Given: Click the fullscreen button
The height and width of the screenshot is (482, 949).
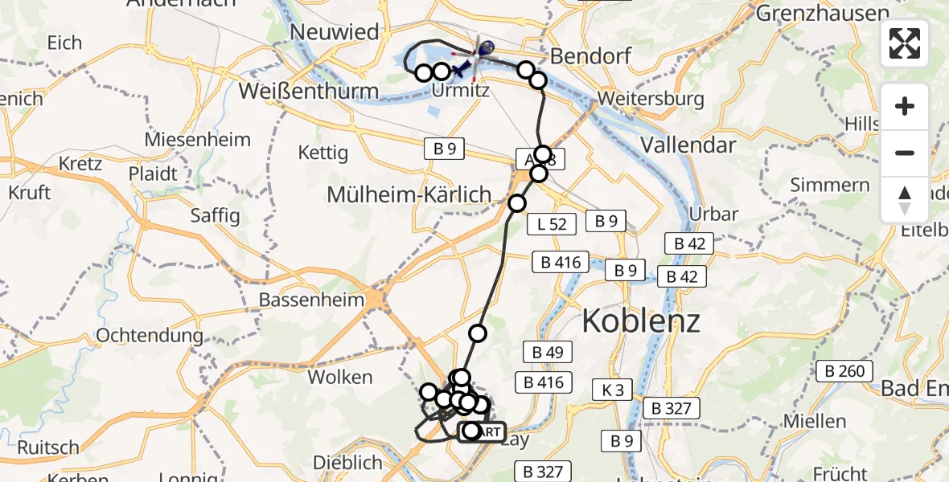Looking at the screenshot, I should click(905, 43).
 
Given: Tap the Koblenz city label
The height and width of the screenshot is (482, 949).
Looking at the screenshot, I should click(640, 321).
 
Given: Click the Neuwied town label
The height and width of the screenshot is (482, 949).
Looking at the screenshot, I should click(335, 32).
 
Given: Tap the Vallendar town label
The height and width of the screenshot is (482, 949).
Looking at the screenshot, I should click(688, 145).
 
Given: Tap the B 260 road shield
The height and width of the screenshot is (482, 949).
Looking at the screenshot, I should click(844, 371).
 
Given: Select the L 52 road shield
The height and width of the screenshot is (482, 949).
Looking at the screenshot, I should click(552, 224).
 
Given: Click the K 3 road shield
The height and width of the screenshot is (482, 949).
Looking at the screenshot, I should click(612, 390).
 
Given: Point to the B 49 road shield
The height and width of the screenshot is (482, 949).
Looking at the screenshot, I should click(548, 352).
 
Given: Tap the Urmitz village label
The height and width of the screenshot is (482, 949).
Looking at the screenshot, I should click(460, 91).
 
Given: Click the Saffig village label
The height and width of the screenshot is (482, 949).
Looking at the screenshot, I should click(215, 215).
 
